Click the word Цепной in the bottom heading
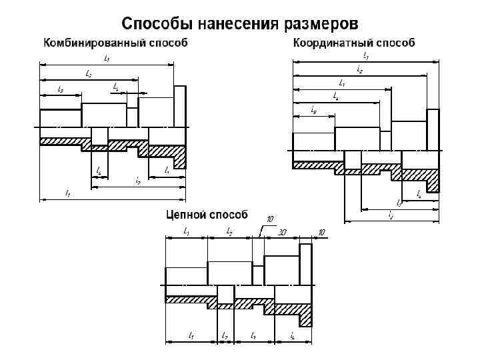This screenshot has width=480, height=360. pos(187,215)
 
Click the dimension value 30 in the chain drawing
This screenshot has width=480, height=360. pos(283,232)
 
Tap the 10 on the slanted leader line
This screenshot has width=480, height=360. pos(270,219)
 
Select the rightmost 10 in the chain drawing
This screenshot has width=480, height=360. pos(321,232)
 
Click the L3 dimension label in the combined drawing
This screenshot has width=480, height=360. pos(61,89)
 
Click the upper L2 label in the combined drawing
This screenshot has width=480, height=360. pos(89,73)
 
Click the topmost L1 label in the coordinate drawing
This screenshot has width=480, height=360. pos(366,57)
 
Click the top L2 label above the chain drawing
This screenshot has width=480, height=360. pos(229,232)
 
